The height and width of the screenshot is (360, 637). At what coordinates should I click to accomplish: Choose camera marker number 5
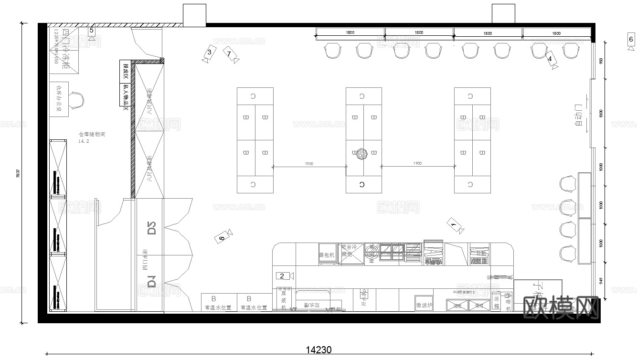pos(92,31)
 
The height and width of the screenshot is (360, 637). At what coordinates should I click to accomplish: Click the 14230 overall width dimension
pos(318,350)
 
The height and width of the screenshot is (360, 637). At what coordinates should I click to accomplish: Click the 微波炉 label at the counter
pos(424,305)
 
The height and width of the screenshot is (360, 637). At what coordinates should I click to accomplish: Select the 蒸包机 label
pos(327,255)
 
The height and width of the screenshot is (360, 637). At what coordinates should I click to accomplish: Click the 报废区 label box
pos(126,72)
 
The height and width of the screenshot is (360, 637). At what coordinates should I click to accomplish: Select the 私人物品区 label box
pos(126,95)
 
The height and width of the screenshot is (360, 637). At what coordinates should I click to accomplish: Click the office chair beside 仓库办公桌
pos(77,101)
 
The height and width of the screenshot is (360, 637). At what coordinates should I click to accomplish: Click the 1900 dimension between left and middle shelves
pos(309,164)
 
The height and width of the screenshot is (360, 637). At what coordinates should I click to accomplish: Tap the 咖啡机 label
pos(508,302)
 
